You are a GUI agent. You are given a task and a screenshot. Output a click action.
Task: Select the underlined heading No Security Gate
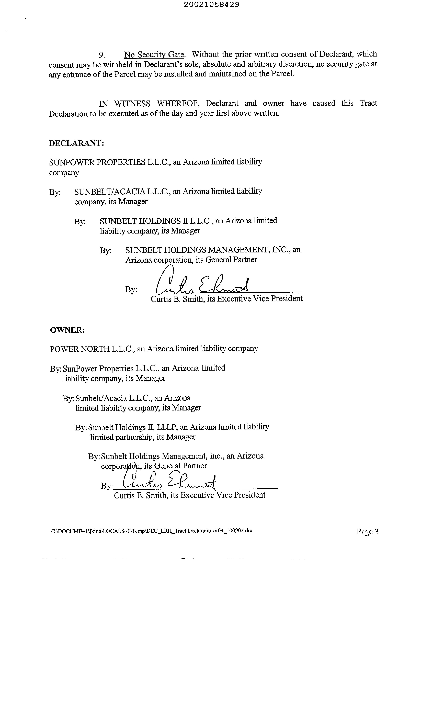tap(154, 55)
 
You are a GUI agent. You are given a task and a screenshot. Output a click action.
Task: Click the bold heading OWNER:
tap(67, 330)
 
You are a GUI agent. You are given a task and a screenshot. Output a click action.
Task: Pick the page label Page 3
tap(367, 532)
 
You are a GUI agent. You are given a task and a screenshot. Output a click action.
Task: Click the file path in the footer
tap(152, 531)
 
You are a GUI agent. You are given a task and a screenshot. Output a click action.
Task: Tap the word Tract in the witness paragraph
tap(368, 103)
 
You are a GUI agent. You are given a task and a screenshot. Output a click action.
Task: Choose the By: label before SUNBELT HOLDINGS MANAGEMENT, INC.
tap(105, 250)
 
